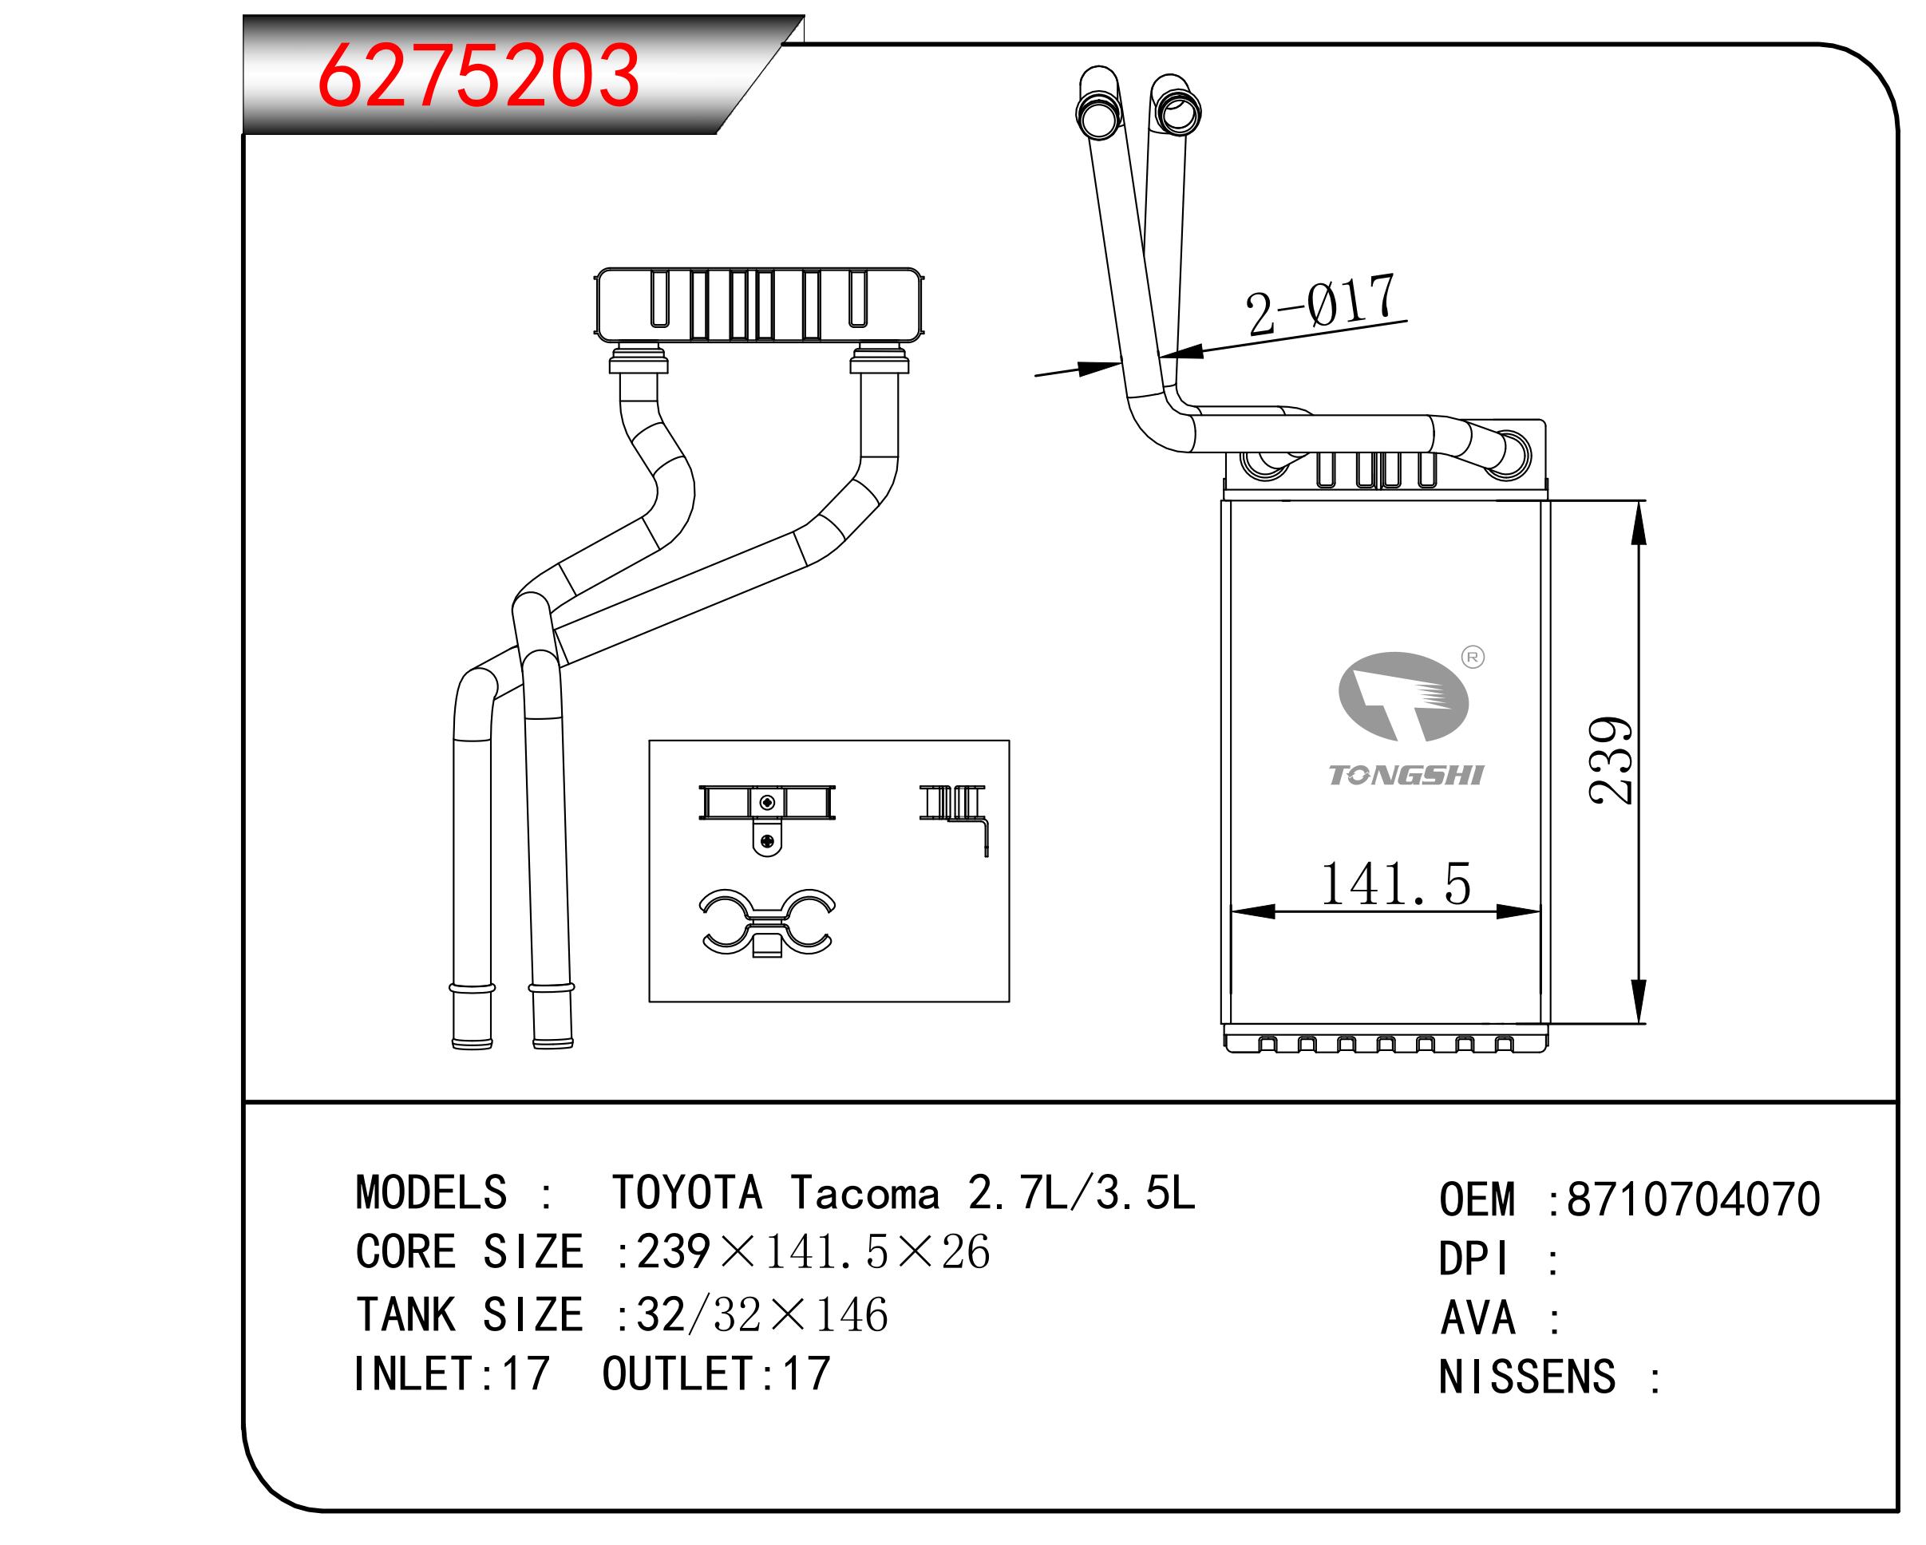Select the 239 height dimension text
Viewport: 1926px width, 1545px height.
pyautogui.click(x=1612, y=760)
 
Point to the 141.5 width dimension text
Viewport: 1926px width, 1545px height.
pyautogui.click(x=1394, y=885)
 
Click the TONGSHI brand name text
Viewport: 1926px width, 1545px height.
pyautogui.click(x=1406, y=775)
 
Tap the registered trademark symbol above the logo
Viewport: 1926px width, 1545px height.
pyautogui.click(x=1472, y=658)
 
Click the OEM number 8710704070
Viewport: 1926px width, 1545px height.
pyautogui.click(x=1693, y=1199)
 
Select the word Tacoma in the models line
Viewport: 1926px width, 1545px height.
pyautogui.click(x=864, y=1193)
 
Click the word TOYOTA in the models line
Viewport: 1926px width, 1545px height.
pyautogui.click(x=686, y=1193)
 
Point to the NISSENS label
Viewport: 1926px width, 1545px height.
pyautogui.click(x=1527, y=1376)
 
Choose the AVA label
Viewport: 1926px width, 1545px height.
pyautogui.click(x=1477, y=1318)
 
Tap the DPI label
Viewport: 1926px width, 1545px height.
pyautogui.click(x=1474, y=1259)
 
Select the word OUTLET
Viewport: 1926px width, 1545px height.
pyautogui.click(x=678, y=1373)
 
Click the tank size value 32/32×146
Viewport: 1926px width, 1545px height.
pyautogui.click(x=762, y=1314)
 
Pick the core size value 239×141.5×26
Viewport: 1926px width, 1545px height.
pyautogui.click(x=813, y=1252)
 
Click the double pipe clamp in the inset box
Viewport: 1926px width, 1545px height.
pyautogui.click(x=766, y=923)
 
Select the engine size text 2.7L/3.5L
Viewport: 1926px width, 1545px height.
pyautogui.click(x=1081, y=1193)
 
